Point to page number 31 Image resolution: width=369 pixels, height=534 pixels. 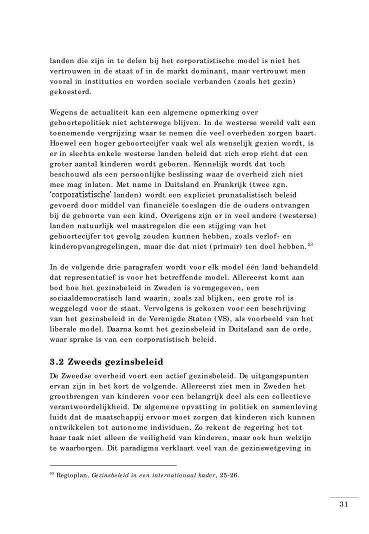pyautogui.click(x=343, y=503)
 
